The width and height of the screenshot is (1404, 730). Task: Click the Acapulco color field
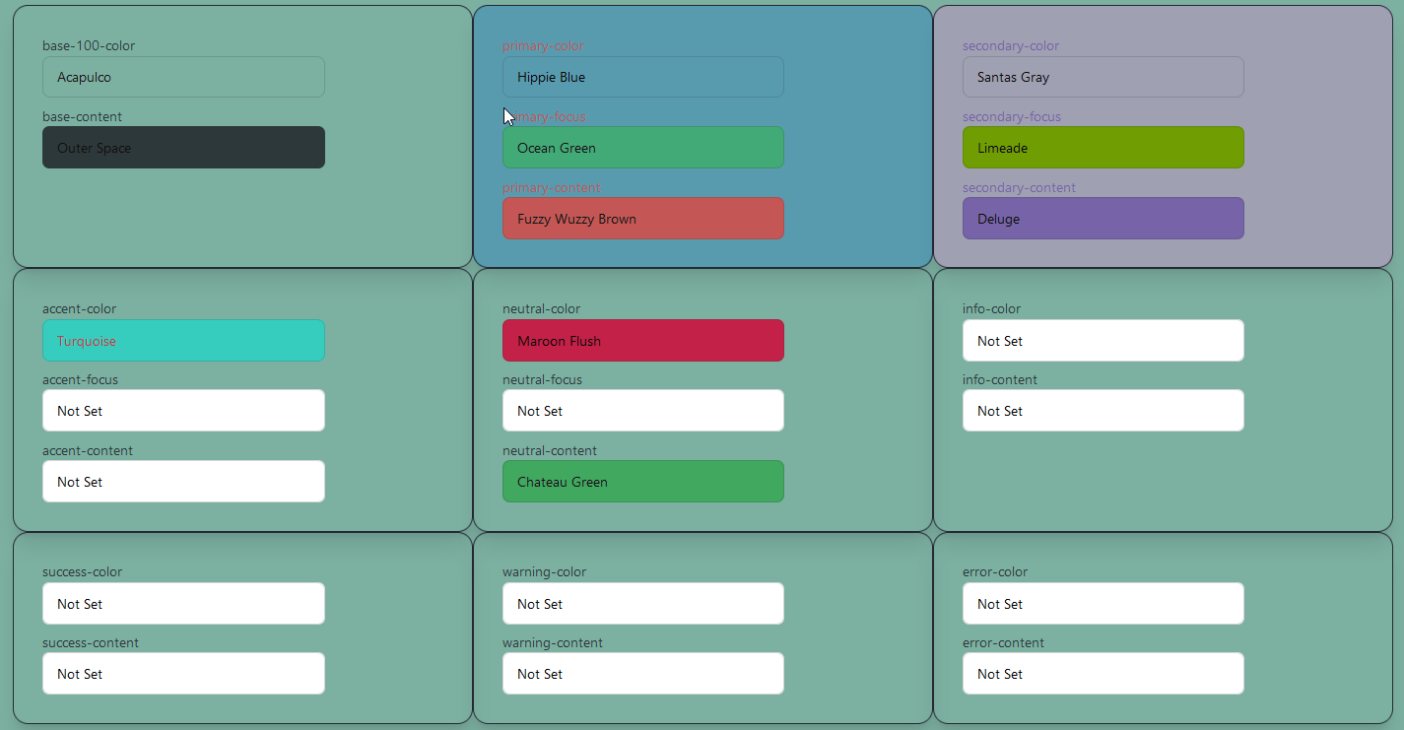[x=183, y=77]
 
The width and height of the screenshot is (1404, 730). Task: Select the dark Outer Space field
[x=183, y=148]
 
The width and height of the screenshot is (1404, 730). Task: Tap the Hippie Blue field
[x=642, y=77]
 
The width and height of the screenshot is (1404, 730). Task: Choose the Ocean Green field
[x=642, y=148]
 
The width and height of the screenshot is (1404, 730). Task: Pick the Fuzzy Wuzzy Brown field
[x=642, y=219]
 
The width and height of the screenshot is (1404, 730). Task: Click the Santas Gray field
[x=1103, y=77]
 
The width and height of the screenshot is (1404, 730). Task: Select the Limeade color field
[x=1103, y=148]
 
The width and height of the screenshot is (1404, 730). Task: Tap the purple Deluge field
[x=1103, y=219]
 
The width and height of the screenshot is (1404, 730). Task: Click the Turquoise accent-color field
[x=183, y=341]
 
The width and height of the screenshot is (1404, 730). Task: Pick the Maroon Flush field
[x=642, y=341]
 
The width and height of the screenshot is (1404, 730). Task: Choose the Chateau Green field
[x=642, y=482]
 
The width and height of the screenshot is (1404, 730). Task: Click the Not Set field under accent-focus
[x=183, y=411]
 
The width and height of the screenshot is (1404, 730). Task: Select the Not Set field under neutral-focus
[x=642, y=411]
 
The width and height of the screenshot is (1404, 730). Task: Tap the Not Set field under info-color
[x=1103, y=341]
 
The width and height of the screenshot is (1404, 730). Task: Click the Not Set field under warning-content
[x=642, y=674]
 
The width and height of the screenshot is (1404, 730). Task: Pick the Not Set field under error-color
[x=1103, y=604]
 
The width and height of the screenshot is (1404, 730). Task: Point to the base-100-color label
[x=89, y=46]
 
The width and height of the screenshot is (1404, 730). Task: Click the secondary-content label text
[x=1019, y=188]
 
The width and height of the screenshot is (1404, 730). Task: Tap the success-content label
[x=91, y=643]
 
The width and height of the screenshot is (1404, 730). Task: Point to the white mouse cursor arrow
[x=508, y=116]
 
